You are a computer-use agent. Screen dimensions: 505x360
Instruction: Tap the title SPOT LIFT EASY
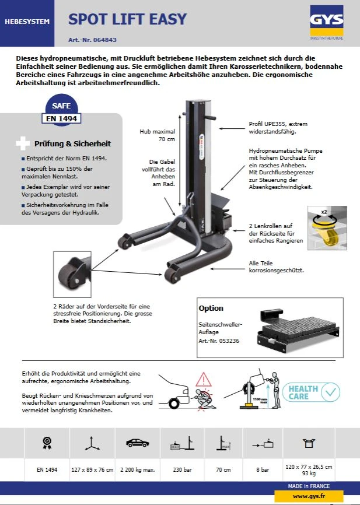(128, 19)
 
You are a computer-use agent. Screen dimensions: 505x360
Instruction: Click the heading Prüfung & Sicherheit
(72, 143)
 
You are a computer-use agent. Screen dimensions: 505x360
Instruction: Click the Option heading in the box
(211, 308)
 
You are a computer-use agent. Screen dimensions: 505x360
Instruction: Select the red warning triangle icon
(202, 379)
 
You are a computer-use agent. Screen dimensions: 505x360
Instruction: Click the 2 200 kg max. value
(137, 468)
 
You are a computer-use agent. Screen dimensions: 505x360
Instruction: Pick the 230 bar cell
(179, 468)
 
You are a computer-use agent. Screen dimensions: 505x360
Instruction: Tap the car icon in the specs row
(137, 443)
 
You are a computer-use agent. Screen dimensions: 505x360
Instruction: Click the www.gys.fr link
(309, 496)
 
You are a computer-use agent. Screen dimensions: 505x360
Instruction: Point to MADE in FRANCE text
(309, 486)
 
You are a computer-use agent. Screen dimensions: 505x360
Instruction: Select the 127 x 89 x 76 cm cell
(92, 468)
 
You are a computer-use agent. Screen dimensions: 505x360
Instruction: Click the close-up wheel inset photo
(72, 272)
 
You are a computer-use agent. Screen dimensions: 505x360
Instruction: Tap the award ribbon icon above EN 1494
(47, 443)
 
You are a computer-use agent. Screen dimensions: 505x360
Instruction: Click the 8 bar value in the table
(263, 468)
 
